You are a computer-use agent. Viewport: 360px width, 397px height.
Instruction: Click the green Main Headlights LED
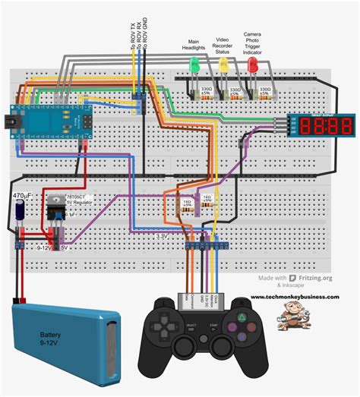(x=194, y=65)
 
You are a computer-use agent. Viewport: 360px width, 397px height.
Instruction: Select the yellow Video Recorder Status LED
(x=223, y=65)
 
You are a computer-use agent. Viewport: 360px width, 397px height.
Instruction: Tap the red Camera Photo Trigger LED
(x=252, y=65)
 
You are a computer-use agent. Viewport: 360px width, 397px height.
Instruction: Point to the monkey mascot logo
(x=292, y=314)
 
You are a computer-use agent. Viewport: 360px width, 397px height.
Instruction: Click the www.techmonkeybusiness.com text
(x=295, y=297)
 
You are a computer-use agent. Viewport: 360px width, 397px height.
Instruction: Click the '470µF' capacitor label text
(x=21, y=195)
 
